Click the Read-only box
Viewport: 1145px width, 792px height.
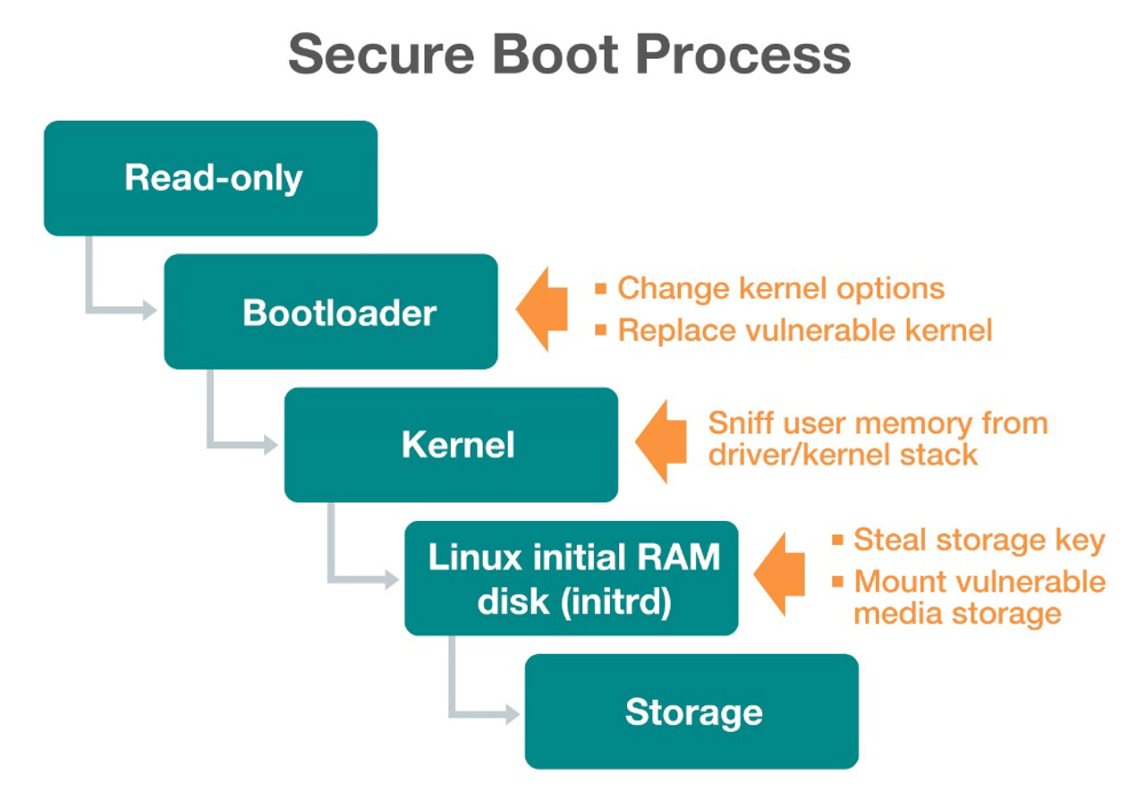211,178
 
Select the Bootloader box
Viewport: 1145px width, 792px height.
331,311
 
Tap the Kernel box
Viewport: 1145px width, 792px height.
451,445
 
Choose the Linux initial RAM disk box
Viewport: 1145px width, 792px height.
572,578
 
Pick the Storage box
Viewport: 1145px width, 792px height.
691,711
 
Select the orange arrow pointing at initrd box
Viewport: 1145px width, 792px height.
781,575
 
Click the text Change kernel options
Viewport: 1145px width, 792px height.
781,289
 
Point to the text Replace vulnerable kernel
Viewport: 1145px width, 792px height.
805,330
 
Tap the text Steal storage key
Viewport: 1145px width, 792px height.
980,541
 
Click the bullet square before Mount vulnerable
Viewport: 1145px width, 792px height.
838,583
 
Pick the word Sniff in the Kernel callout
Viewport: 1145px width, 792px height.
740,422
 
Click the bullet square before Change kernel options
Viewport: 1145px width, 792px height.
601,289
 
